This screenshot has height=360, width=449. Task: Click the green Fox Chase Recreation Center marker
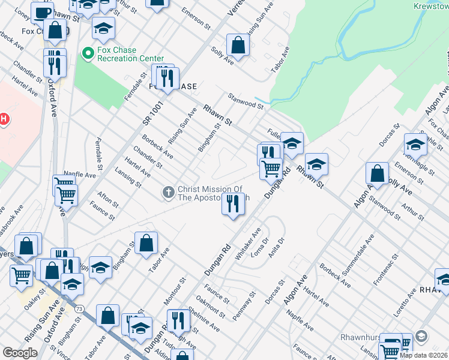pos(88,54)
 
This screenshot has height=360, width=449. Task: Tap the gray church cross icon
pos(169,193)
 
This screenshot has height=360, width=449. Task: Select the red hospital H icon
pos(3,119)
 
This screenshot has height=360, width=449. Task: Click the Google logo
pos(20,353)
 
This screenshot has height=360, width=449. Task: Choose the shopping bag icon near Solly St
pos(238,45)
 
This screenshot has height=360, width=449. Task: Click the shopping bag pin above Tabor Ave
pos(146,243)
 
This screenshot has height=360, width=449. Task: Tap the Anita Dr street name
pos(276,247)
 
